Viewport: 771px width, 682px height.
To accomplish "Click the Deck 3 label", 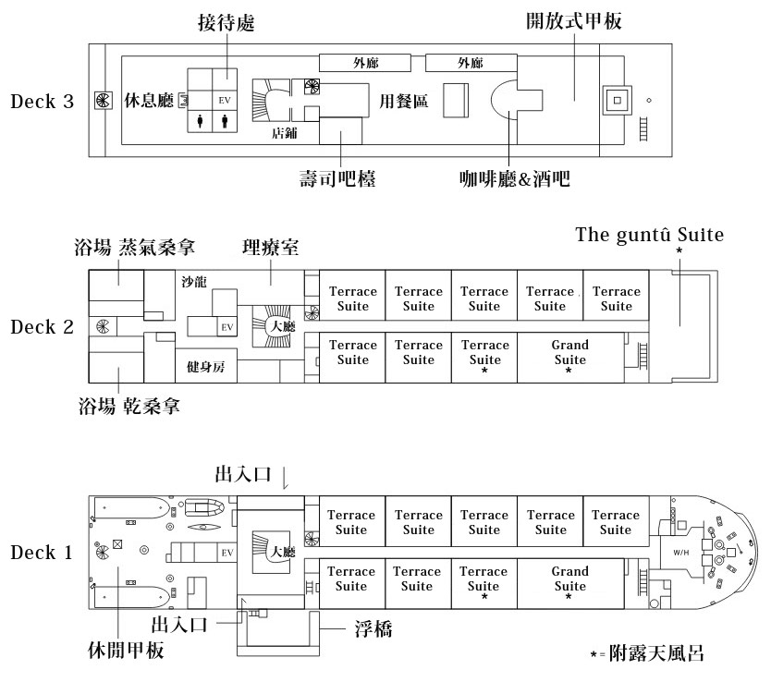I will point(42,101).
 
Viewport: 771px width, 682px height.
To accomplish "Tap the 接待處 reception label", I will point(226,23).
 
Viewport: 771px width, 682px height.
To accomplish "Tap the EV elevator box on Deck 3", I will point(225,99).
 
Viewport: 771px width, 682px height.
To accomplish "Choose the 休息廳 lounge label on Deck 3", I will point(149,101).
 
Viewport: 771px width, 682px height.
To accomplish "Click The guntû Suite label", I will point(649,234).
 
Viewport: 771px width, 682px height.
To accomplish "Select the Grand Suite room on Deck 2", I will point(569,353).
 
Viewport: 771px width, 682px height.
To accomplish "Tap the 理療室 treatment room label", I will point(270,247).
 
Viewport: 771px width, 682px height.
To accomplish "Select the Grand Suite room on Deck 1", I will point(569,579).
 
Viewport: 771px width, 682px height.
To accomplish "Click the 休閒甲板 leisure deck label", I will point(120,651).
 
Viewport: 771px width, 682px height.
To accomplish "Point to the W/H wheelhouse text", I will point(681,553).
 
